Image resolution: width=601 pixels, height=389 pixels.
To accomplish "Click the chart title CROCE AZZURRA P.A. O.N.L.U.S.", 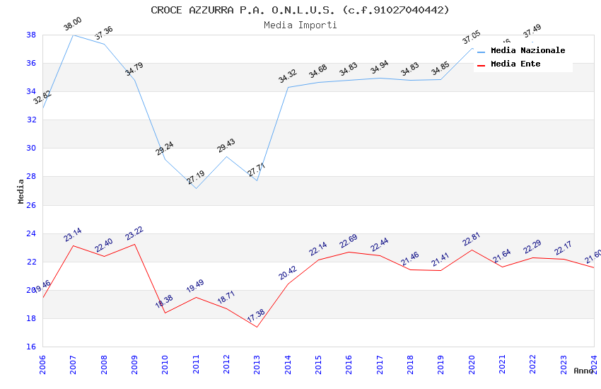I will (300, 10).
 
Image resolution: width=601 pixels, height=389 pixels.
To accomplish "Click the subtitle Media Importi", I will (300, 25).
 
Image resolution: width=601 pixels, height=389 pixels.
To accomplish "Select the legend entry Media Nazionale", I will (527, 50).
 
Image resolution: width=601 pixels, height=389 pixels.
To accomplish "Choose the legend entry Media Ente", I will (515, 64).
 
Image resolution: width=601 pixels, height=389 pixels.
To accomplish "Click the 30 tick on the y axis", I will (31, 149).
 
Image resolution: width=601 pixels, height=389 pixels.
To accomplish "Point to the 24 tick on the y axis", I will (31, 233).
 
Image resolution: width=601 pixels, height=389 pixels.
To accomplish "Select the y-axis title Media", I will (21, 191).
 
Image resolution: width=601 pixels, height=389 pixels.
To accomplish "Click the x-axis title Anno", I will (583, 371).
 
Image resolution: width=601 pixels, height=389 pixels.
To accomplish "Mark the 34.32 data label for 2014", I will (288, 76).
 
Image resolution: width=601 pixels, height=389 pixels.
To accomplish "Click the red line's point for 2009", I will (134, 244).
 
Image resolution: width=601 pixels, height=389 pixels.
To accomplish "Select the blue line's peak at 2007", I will (73, 35).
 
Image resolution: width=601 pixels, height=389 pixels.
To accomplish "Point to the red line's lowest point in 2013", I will (257, 327).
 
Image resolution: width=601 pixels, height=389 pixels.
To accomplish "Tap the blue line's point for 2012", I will (226, 156).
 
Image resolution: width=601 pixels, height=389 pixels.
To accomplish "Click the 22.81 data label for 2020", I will (472, 239).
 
